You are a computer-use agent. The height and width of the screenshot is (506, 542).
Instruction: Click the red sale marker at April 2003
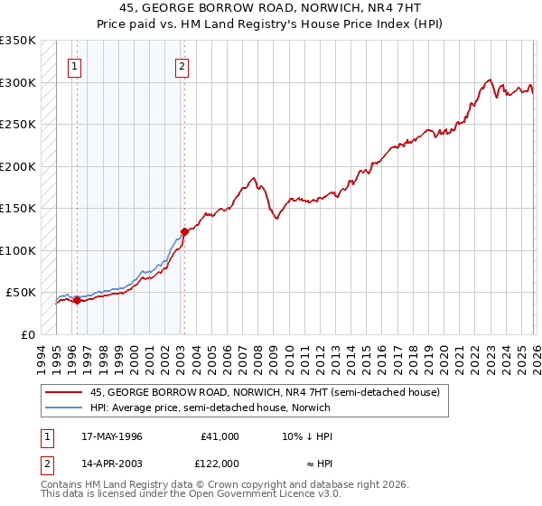pyautogui.click(x=183, y=231)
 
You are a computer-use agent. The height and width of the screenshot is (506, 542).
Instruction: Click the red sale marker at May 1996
pyautogui.click(x=77, y=301)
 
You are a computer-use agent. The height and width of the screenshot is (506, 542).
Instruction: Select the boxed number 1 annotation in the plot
pyautogui.click(x=74, y=65)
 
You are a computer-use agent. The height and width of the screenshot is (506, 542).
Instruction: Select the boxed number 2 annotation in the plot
pyautogui.click(x=182, y=65)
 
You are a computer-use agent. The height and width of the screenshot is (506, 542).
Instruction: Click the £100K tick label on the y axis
pyautogui.click(x=17, y=250)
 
